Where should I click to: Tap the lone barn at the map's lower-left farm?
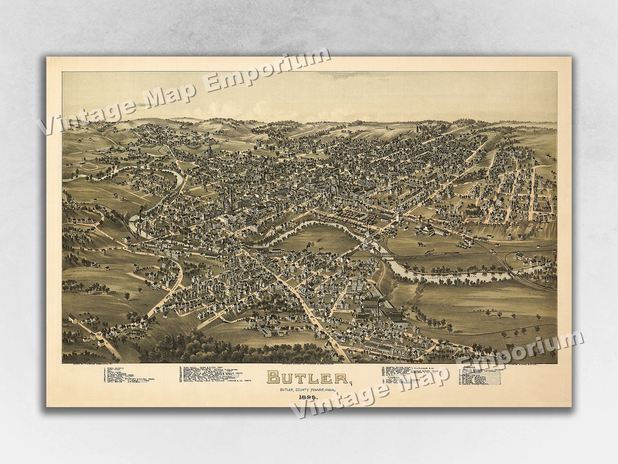(73, 318)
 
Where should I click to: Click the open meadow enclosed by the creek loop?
(320, 238)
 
